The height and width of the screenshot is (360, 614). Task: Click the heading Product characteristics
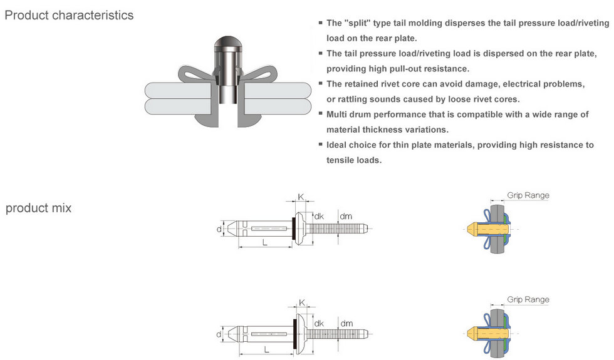tap(69, 15)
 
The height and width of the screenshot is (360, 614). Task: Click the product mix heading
tap(38, 208)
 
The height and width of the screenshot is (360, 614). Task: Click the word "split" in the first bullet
tap(356, 23)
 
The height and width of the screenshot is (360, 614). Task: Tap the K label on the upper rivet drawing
tap(301, 197)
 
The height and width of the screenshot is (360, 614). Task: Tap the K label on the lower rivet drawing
tap(301, 302)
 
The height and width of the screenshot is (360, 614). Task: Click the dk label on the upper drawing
tap(318, 217)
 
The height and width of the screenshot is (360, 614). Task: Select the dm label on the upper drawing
tap(346, 217)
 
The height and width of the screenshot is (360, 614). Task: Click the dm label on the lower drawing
tap(346, 324)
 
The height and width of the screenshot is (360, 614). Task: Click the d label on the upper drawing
tap(219, 230)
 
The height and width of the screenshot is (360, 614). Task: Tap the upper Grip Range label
tap(528, 195)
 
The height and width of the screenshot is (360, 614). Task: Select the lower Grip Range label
tap(528, 300)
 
